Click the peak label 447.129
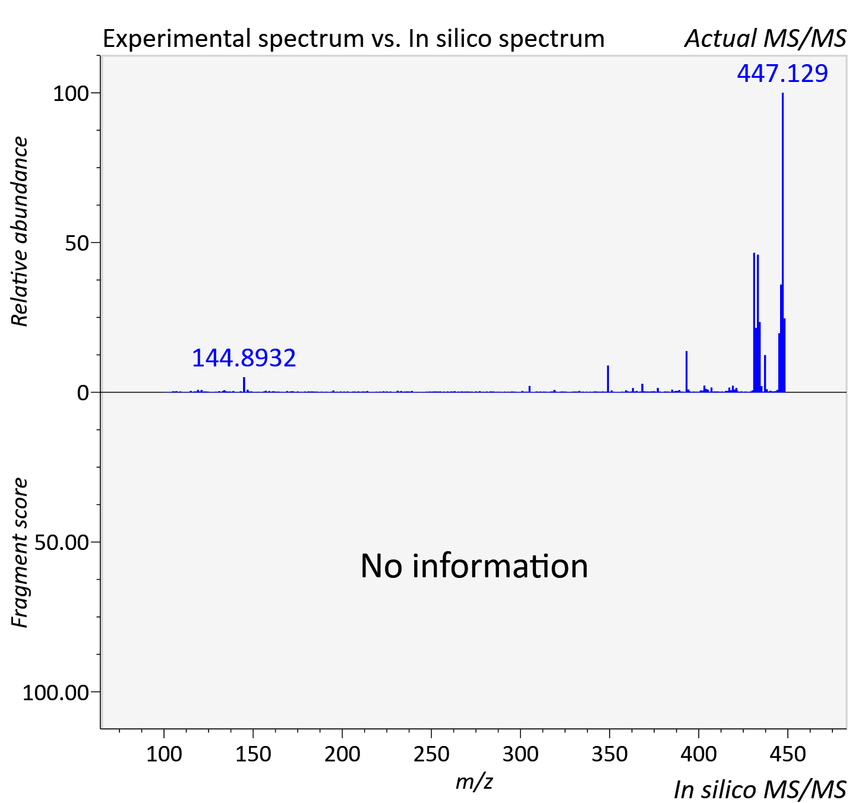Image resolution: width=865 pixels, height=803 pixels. (782, 74)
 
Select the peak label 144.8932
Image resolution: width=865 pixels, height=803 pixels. (244, 358)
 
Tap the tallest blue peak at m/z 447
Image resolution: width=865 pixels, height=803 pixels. (782, 242)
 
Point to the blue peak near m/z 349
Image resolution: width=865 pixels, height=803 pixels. (608, 379)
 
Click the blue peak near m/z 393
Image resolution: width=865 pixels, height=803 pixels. (686, 371)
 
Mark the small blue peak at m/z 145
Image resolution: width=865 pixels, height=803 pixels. (244, 384)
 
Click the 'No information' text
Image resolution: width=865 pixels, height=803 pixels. (474, 566)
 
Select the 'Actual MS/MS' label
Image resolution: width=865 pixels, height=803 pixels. (765, 39)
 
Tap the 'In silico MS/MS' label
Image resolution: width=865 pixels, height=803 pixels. (760, 789)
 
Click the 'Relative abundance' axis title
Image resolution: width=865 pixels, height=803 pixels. (20, 232)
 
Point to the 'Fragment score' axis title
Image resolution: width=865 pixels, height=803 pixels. (20, 552)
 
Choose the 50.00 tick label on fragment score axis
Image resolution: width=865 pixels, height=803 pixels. (61, 543)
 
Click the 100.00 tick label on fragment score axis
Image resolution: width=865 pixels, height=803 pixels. (55, 693)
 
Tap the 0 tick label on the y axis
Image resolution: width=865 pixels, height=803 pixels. (83, 393)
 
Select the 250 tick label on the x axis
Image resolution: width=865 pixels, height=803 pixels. (431, 754)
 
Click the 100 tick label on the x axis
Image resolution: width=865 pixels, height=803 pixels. (164, 754)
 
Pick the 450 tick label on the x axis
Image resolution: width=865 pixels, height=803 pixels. (788, 754)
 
